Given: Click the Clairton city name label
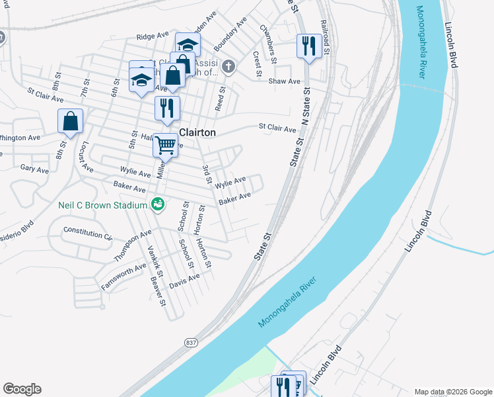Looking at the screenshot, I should point(197,132).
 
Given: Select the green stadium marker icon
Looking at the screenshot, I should point(157,205).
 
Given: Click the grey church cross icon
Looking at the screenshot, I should point(228,66).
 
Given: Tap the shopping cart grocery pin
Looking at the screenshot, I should point(165,144).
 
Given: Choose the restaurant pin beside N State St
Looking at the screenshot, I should point(308,46).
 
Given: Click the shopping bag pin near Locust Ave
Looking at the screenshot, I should point(70,121).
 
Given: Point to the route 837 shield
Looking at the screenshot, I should point(190,342).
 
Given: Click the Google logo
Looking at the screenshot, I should point(22,389).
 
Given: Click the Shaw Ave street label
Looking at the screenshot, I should point(284,81).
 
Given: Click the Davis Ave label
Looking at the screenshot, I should point(184,282).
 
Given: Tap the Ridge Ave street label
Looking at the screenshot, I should point(149,37).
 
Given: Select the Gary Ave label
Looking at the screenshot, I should point(34,169).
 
